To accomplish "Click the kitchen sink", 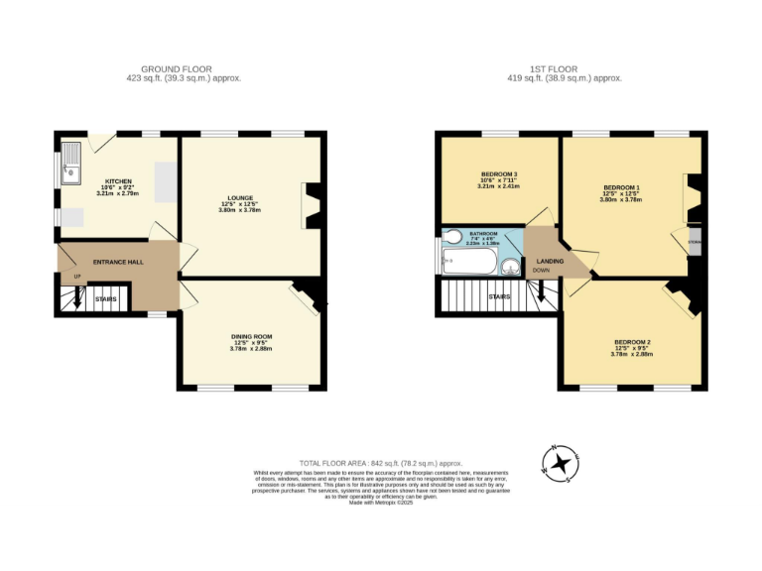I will [x=72, y=165].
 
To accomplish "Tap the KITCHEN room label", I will [x=119, y=181].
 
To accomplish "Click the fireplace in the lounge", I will [x=313, y=205].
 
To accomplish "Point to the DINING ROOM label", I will [x=251, y=337].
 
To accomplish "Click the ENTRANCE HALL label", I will [x=117, y=262].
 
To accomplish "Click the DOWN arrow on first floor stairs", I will [x=540, y=291].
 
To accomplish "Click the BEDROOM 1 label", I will [x=621, y=188].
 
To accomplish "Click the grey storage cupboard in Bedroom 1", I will [x=695, y=242].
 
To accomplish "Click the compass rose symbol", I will [x=562, y=462].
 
